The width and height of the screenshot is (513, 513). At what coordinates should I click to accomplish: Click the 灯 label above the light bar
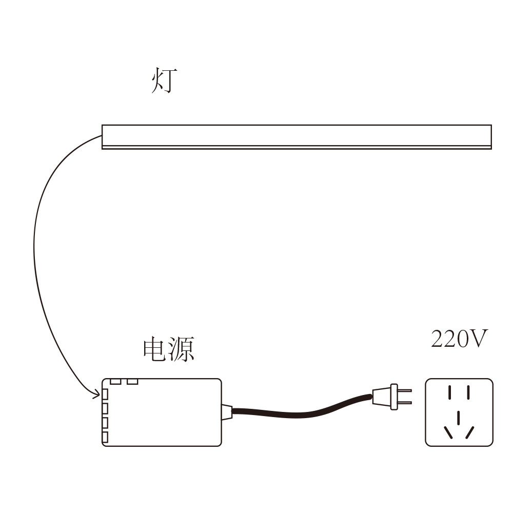point(165,82)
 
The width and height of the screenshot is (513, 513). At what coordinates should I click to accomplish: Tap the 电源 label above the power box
point(169,349)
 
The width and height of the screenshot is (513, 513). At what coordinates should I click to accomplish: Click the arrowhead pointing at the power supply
point(96,394)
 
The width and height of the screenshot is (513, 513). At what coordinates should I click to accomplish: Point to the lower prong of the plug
point(405,403)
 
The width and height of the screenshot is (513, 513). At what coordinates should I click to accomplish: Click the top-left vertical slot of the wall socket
point(450,393)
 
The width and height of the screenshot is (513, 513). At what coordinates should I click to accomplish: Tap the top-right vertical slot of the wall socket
point(468,393)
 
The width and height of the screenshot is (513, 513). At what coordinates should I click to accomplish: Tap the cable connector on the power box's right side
point(227,412)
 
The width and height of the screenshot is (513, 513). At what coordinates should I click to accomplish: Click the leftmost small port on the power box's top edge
point(115,382)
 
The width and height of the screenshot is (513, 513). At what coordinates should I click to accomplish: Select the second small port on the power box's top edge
point(133,382)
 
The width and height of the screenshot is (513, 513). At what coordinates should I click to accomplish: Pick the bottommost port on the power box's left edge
point(105,438)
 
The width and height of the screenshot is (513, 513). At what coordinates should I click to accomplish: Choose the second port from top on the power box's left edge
point(105,408)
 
